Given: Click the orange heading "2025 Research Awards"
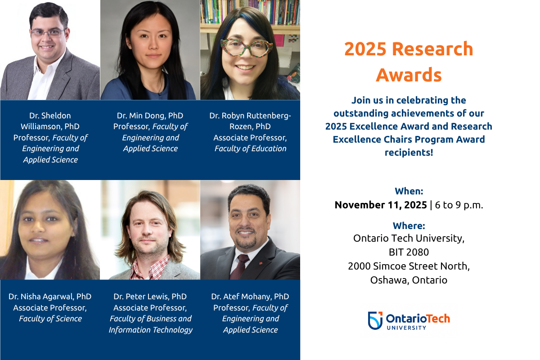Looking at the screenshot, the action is coord(409,62).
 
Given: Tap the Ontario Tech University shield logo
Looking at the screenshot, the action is coord(375,320).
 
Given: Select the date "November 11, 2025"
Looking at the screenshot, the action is coord(381,205).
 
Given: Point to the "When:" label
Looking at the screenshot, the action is coord(409,191).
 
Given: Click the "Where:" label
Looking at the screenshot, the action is coord(409,226).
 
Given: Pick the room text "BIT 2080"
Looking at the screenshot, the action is coord(409,252).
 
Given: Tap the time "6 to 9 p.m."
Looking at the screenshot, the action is coord(459,205).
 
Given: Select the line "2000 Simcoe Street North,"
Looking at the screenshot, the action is coord(409,266).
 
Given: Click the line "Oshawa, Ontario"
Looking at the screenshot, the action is coord(409,280).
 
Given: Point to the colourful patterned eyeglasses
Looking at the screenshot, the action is coord(247,47).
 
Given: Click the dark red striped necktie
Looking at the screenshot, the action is coord(239,267).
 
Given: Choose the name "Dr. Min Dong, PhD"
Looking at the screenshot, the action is coord(150,116).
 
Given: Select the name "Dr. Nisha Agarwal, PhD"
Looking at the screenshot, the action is coord(50,297).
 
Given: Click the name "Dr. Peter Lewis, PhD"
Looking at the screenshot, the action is coord(150,297).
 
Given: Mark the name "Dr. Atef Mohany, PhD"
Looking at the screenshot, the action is coord(250,297).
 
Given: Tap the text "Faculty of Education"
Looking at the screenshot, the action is coord(250,148).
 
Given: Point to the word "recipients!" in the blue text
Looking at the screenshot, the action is coord(409,153).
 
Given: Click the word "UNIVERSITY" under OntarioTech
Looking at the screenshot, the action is coord(406,328).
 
